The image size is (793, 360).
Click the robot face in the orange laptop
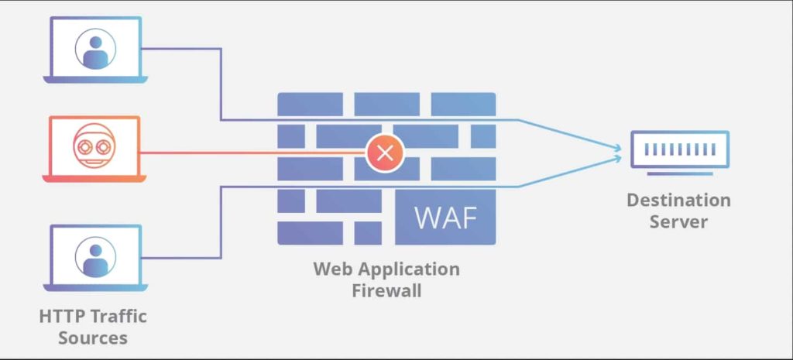point(94,146)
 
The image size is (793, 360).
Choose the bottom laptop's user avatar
point(95,256)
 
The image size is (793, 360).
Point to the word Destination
point(678,200)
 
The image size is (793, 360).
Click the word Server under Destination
point(678,222)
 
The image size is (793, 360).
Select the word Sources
point(93,338)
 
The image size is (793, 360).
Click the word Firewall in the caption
point(386,291)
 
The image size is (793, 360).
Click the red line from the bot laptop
point(256,152)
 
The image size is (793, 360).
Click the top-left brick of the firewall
point(310,104)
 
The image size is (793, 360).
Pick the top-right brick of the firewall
point(463,104)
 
